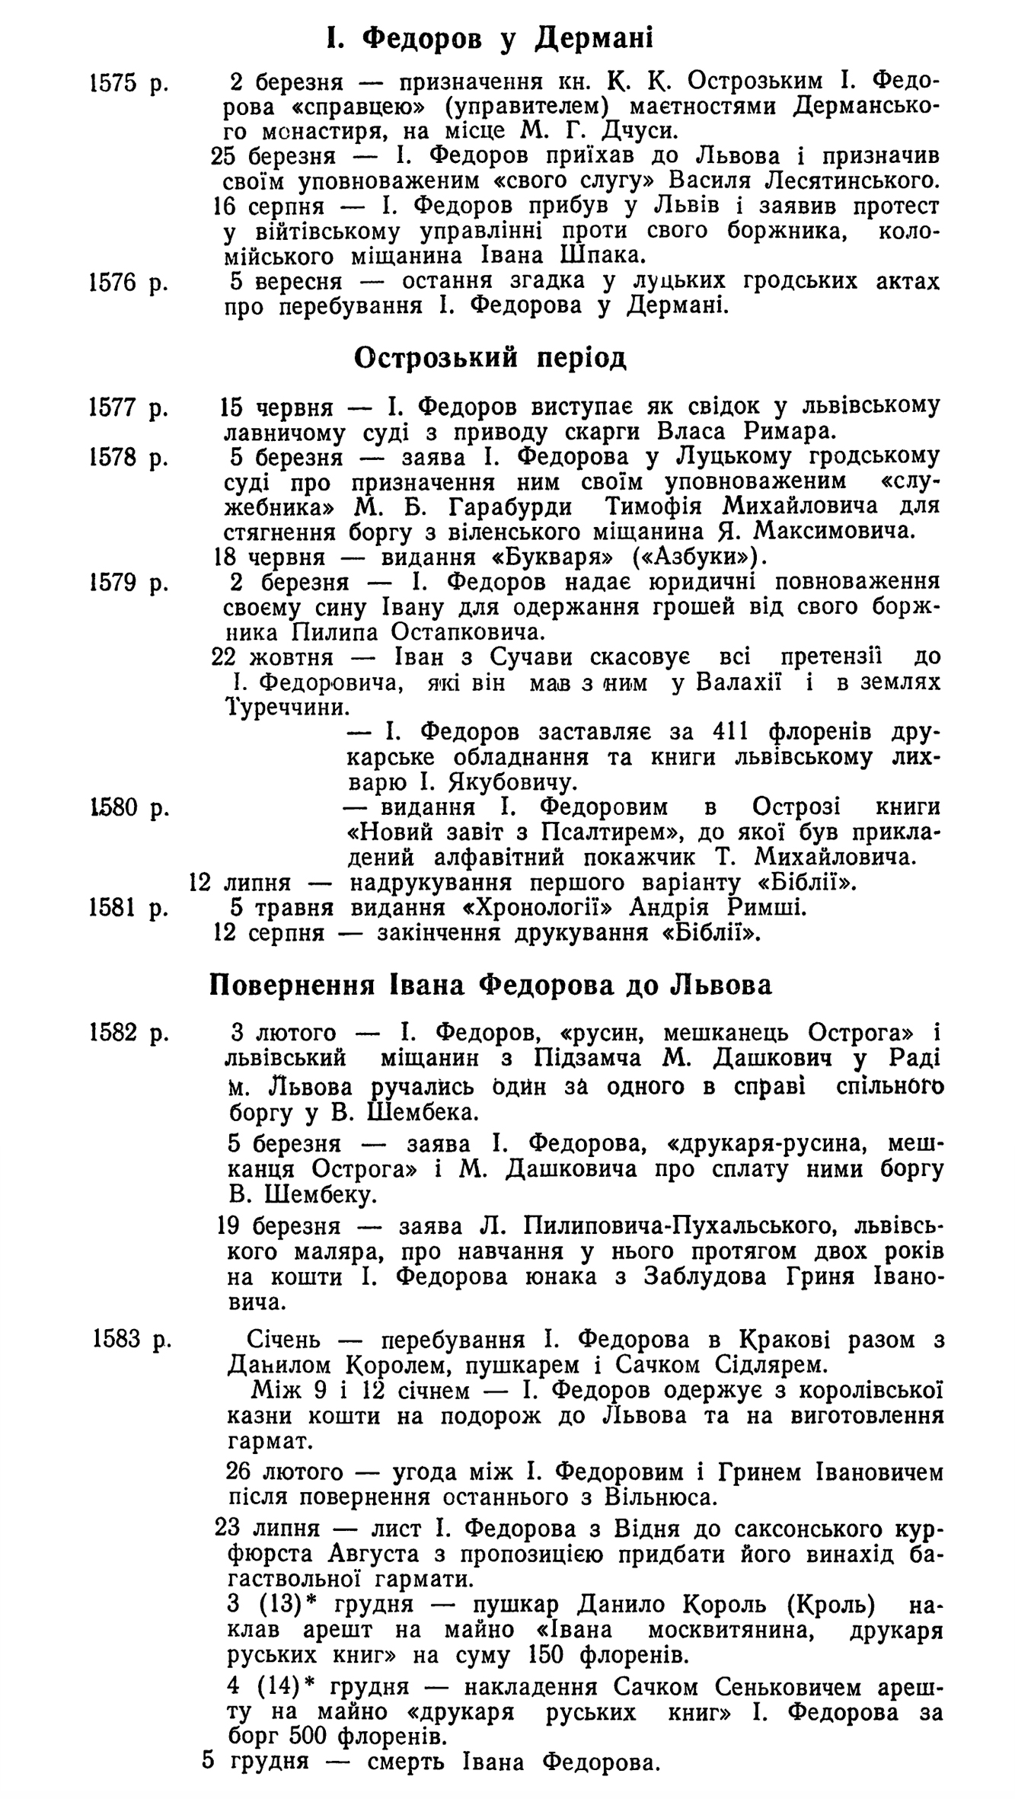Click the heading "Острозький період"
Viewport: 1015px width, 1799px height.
coord(490,358)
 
